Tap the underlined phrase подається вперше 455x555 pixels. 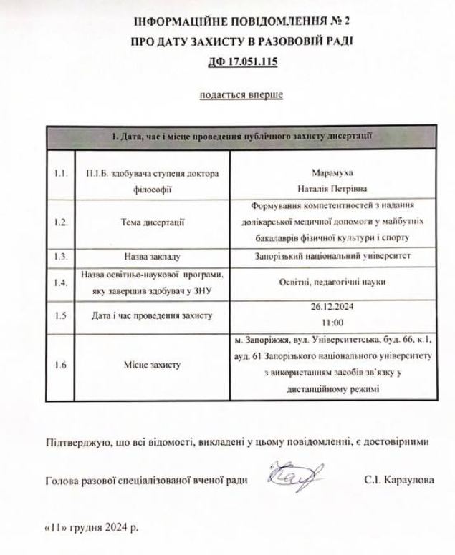click(241, 94)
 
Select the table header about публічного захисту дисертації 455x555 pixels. click(241, 135)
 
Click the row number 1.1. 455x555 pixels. click(61, 174)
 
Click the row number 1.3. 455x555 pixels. click(61, 255)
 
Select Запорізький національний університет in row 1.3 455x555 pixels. click(334, 255)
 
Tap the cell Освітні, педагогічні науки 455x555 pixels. click(334, 282)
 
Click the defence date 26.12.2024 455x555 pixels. click(334, 308)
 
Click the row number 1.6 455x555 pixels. click(61, 365)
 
